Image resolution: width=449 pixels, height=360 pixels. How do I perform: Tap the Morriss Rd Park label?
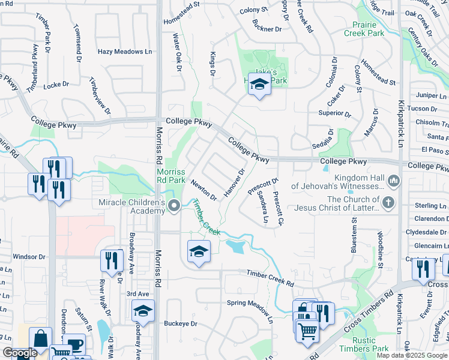(x=171, y=175)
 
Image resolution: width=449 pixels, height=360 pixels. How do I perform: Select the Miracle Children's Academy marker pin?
(x=174, y=206)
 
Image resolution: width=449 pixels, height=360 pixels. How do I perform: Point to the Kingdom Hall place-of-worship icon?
(x=394, y=180)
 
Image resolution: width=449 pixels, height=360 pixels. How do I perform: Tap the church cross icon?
(x=389, y=202)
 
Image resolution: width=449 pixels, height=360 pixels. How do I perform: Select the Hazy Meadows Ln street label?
(x=124, y=52)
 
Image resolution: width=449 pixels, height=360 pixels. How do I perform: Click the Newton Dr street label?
(x=203, y=190)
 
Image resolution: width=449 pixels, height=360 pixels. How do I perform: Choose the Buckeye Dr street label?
(x=181, y=324)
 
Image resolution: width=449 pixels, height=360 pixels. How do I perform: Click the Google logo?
(x=20, y=353)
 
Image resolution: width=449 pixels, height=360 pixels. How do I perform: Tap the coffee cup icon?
(x=74, y=344)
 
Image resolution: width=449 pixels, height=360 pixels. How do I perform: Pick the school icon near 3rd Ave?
(x=143, y=311)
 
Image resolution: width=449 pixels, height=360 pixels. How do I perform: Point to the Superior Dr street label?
(x=335, y=113)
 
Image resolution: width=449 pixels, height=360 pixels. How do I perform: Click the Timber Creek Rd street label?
(x=270, y=277)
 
